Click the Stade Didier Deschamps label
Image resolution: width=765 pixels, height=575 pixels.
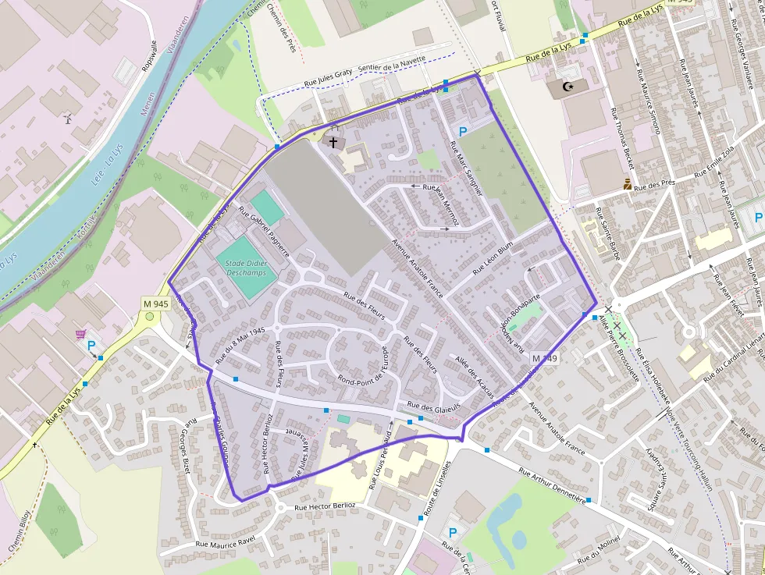tap(246, 268)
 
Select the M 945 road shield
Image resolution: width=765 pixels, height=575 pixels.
tap(156, 303)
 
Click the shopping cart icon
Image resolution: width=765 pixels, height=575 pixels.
tap(80, 335)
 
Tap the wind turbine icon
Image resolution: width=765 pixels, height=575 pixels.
tap(68, 119)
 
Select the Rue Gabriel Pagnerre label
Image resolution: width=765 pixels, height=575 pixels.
tap(265, 232)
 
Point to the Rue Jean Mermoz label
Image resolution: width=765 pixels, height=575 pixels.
tap(440, 204)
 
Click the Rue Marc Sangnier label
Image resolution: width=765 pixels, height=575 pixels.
tap(467, 168)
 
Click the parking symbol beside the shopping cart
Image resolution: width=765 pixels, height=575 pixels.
tap(91, 346)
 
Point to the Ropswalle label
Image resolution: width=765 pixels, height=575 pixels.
tap(149, 56)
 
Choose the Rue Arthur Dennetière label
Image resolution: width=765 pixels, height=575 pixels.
tap(552, 484)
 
